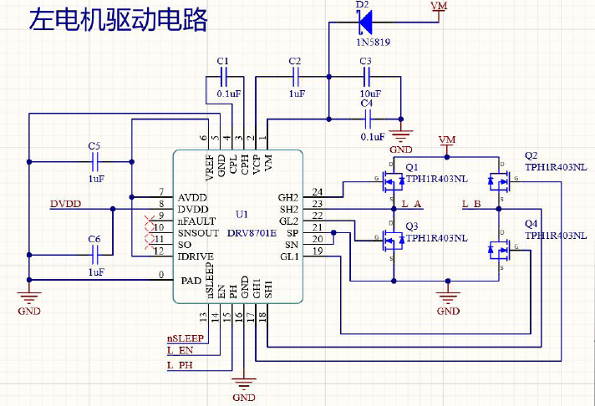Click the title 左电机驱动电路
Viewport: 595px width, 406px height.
118,21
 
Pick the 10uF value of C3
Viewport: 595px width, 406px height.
369,94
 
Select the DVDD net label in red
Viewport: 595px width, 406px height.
66,204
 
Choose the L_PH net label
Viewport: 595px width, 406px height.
180,366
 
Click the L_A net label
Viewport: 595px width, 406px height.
412,204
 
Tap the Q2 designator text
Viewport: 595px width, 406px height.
531,155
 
